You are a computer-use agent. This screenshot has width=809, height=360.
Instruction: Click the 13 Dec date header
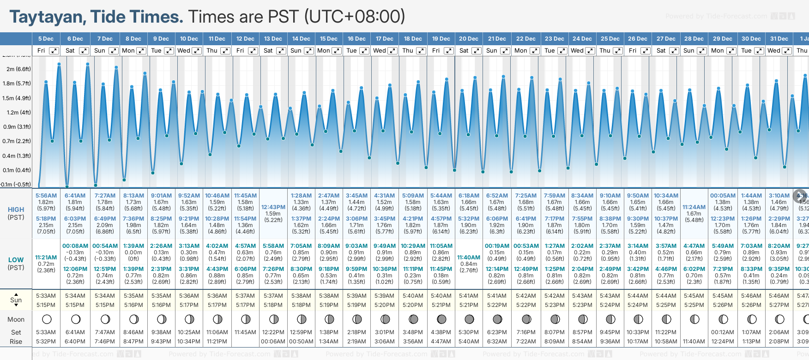[x=273, y=39]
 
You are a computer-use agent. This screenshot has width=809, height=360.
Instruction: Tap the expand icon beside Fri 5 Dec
[x=54, y=51]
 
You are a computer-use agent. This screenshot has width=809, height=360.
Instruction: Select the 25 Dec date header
[x=610, y=39]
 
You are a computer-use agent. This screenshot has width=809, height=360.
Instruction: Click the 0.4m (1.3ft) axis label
[x=17, y=156]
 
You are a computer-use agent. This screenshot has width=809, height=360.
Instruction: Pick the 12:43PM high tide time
[x=273, y=207]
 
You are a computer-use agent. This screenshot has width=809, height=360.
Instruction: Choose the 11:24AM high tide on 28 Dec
[x=694, y=207]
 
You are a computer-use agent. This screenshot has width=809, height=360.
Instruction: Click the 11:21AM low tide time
[x=46, y=258]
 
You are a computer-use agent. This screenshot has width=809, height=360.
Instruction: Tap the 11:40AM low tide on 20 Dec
[x=469, y=258]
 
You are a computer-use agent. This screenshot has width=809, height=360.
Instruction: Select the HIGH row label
[x=16, y=210]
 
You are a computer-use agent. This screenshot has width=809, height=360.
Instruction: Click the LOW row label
[x=16, y=260]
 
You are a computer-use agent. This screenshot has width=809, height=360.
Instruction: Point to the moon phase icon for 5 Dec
[x=46, y=319]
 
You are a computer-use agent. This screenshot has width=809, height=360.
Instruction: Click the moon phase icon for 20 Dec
[x=469, y=319]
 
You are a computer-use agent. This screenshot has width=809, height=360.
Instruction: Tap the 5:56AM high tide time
[x=46, y=196]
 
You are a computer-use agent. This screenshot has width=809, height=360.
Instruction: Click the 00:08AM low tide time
[x=75, y=246]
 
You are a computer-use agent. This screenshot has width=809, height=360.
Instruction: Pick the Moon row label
[x=16, y=319]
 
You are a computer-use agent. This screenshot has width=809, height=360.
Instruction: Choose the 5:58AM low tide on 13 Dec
[x=273, y=246]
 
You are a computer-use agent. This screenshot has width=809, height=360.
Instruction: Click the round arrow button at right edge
[x=800, y=196]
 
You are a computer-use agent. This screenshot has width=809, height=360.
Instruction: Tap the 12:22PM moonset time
[x=273, y=332]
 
